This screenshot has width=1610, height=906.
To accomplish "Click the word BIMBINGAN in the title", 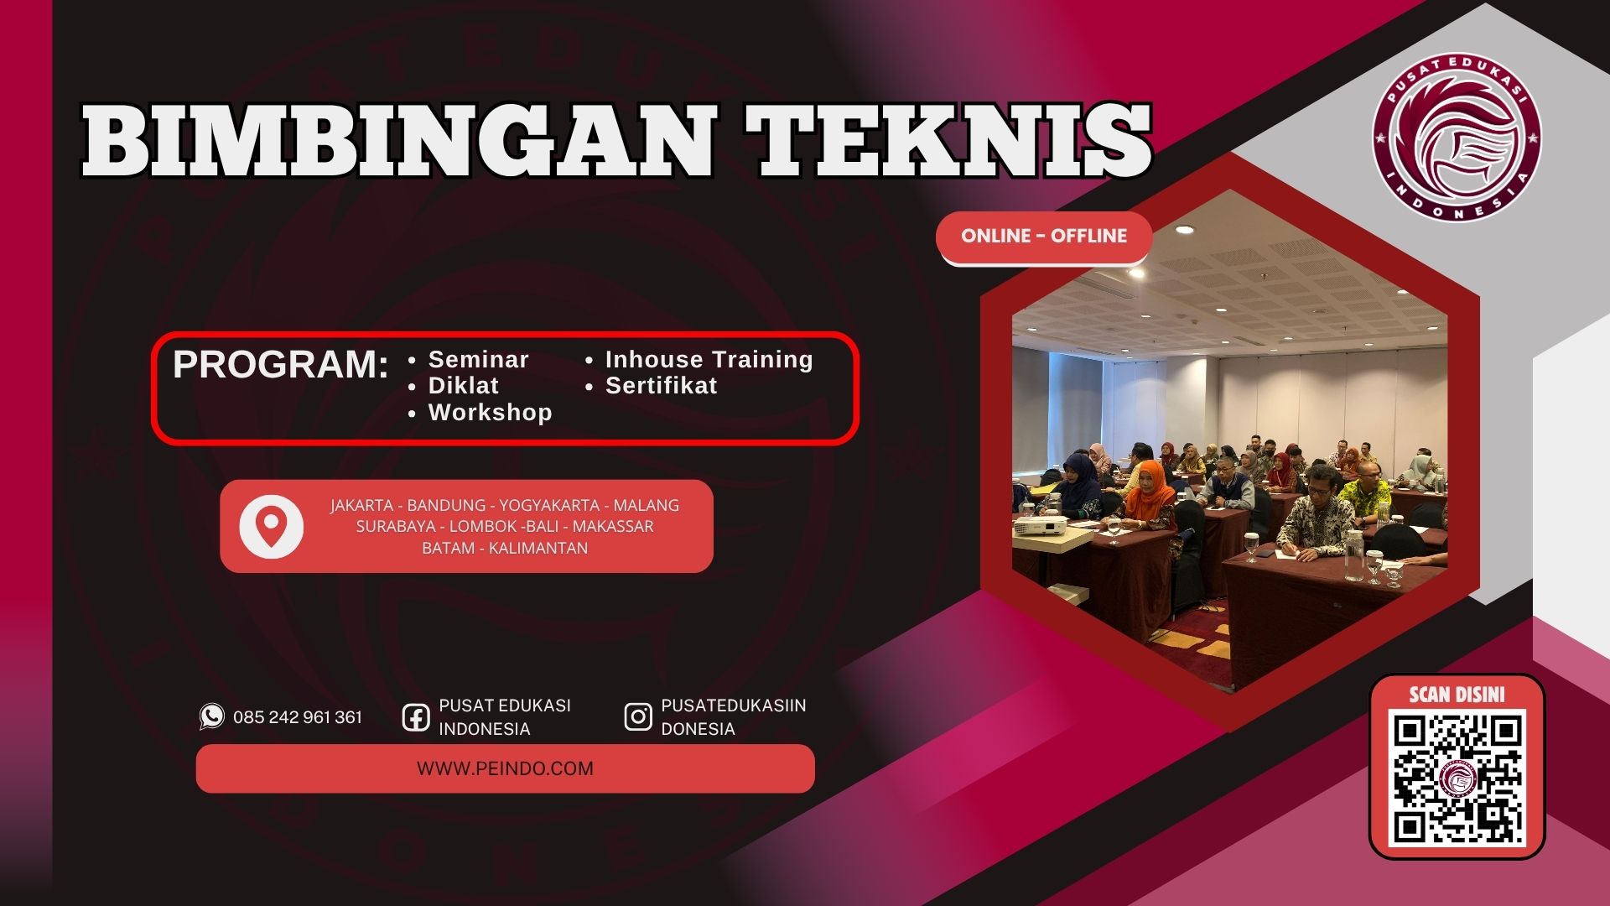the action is [x=397, y=140].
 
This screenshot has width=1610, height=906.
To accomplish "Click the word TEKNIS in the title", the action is [x=949, y=140].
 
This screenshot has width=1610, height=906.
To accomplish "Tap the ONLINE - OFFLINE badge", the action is [x=1044, y=236].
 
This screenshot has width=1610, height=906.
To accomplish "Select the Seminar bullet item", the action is [x=478, y=360].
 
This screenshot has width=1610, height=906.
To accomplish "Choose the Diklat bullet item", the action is [x=464, y=386].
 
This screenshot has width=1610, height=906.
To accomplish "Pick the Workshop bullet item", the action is [x=491, y=413].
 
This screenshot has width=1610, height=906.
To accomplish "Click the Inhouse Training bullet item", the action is [x=709, y=360].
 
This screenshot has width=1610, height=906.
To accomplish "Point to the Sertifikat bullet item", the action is [x=662, y=386].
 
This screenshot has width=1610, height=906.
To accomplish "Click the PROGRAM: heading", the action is [x=281, y=365].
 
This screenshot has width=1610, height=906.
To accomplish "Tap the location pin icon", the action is [x=271, y=526].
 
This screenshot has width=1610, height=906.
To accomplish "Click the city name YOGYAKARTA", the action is [x=549, y=505].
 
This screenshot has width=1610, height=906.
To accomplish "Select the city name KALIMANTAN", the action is [x=538, y=548].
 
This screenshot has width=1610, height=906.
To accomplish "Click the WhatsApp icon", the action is [x=212, y=716].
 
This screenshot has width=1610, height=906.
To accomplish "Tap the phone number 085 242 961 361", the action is [x=298, y=717].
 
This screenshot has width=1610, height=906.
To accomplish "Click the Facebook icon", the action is [x=416, y=717].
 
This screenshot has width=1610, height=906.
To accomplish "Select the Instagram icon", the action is [x=638, y=717].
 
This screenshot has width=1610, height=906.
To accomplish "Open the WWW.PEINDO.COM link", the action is [x=505, y=768].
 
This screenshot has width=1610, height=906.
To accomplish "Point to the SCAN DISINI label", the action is [x=1457, y=695].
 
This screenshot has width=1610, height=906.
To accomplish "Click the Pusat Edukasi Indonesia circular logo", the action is [x=1457, y=137].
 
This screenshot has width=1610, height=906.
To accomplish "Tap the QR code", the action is [x=1457, y=778].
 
